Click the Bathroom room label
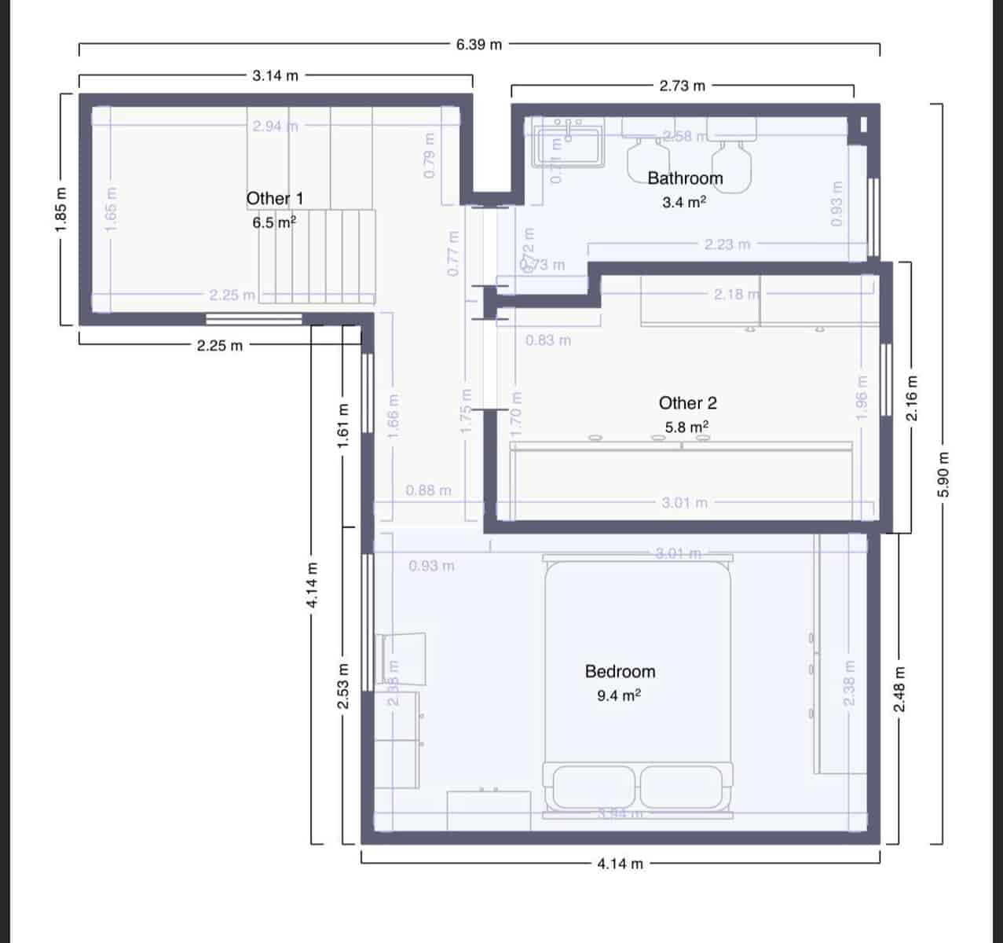tap(685, 178)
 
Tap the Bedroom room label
tap(620, 672)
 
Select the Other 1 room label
tap(275, 199)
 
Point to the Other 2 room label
tap(687, 403)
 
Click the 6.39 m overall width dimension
tap(478, 45)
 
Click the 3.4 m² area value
tap(684, 203)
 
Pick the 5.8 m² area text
tap(687, 427)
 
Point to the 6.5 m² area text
tap(274, 223)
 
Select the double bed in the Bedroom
tap(638, 684)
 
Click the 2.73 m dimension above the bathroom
tap(682, 86)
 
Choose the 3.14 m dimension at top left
tap(275, 76)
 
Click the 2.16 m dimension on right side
tap(912, 397)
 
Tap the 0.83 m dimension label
tap(547, 341)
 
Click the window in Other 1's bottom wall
tap(254, 318)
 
